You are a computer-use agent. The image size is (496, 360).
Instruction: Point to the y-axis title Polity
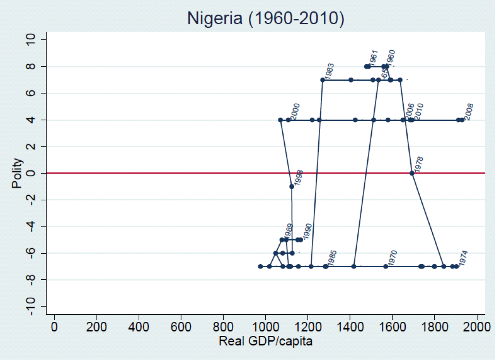[x=17, y=173]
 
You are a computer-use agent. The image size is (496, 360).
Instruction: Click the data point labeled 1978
[x=412, y=173]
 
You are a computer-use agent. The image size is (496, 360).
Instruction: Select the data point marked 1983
[x=322, y=80]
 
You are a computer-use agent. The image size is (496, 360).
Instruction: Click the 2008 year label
[x=469, y=112]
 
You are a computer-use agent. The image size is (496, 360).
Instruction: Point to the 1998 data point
[x=292, y=186]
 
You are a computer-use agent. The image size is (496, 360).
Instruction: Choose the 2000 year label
[x=295, y=111]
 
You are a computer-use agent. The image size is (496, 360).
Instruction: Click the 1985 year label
[x=332, y=259]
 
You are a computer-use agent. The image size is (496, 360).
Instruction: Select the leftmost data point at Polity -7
[x=260, y=266]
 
